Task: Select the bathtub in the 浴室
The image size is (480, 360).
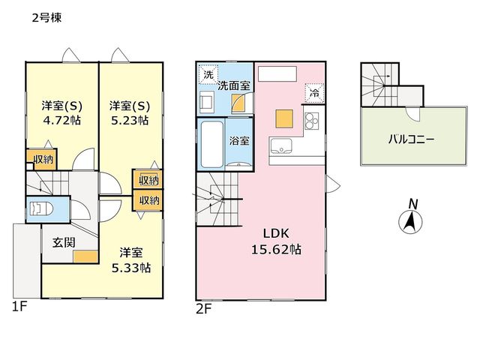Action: pyautogui.click(x=211, y=145)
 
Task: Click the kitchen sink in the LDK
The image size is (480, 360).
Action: pyautogui.click(x=280, y=145)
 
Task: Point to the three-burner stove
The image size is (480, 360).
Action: pyautogui.click(x=312, y=121)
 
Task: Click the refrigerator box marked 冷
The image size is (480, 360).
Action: pyautogui.click(x=314, y=92)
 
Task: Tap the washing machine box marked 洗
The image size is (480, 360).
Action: pyautogui.click(x=208, y=74)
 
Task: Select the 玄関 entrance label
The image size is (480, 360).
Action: pyautogui.click(x=64, y=243)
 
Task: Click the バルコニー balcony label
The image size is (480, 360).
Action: pyautogui.click(x=411, y=140)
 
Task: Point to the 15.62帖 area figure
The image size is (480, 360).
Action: pyautogui.click(x=276, y=250)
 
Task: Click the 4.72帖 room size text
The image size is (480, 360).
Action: pyautogui.click(x=62, y=120)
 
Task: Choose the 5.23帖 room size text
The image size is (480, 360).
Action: pyautogui.click(x=130, y=120)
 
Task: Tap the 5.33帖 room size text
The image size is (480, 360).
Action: pyautogui.click(x=131, y=268)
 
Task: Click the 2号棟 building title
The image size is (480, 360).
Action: pyautogui.click(x=46, y=18)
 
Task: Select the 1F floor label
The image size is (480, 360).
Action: pyautogui.click(x=19, y=307)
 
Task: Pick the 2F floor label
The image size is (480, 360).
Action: pyautogui.click(x=203, y=309)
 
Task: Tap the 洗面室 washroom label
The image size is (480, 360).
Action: pyautogui.click(x=234, y=86)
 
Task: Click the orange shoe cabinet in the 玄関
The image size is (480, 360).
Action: pyautogui.click(x=85, y=256)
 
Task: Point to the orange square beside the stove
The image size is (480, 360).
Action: pyautogui.click(x=284, y=118)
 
